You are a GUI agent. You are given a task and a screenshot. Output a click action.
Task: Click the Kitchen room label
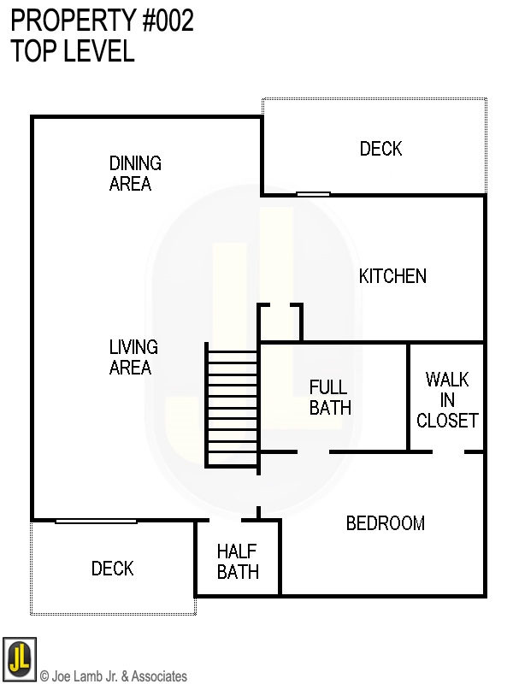tap(392, 276)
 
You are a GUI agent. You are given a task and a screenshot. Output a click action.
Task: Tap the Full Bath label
tap(330, 398)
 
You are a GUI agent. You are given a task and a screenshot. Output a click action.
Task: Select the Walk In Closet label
tap(447, 400)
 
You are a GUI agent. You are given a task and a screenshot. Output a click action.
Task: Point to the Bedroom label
tap(386, 523)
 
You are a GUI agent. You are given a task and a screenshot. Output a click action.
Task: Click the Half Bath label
tap(238, 562)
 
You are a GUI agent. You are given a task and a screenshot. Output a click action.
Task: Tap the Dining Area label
tap(135, 174)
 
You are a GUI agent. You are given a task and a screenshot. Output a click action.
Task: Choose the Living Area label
tap(133, 357)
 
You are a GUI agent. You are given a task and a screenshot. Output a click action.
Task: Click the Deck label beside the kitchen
tap(380, 149)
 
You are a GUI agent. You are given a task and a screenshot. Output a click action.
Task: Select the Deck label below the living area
tap(113, 569)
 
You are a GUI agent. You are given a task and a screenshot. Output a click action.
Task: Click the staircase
tap(233, 405)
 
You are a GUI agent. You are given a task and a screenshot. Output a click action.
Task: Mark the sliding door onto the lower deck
tap(96, 521)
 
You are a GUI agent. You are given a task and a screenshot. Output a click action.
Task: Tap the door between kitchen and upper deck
tap(313, 194)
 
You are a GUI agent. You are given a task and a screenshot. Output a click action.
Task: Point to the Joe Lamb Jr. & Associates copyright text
tap(114, 675)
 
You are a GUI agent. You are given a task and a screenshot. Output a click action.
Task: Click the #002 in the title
tap(168, 21)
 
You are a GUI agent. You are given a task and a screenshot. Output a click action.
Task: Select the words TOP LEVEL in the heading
tap(73, 50)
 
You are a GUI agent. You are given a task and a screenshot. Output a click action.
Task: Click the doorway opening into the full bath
tap(313, 452)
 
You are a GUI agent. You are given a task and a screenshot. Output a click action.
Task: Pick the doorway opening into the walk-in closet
tap(448, 452)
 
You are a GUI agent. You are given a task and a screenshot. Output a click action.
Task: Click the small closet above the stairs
tap(280, 322)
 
